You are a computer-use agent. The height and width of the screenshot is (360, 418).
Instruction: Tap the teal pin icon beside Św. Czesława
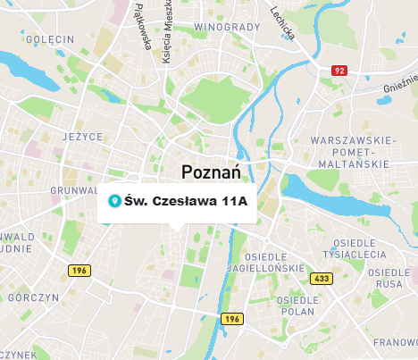point(113,201)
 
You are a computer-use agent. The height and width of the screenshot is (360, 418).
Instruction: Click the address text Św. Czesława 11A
point(186,201)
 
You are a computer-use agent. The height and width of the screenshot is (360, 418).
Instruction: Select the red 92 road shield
point(339,70)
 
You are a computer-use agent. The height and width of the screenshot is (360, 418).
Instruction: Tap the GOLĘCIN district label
point(50,40)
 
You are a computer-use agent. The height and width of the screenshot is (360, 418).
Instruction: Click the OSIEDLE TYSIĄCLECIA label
point(359,248)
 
